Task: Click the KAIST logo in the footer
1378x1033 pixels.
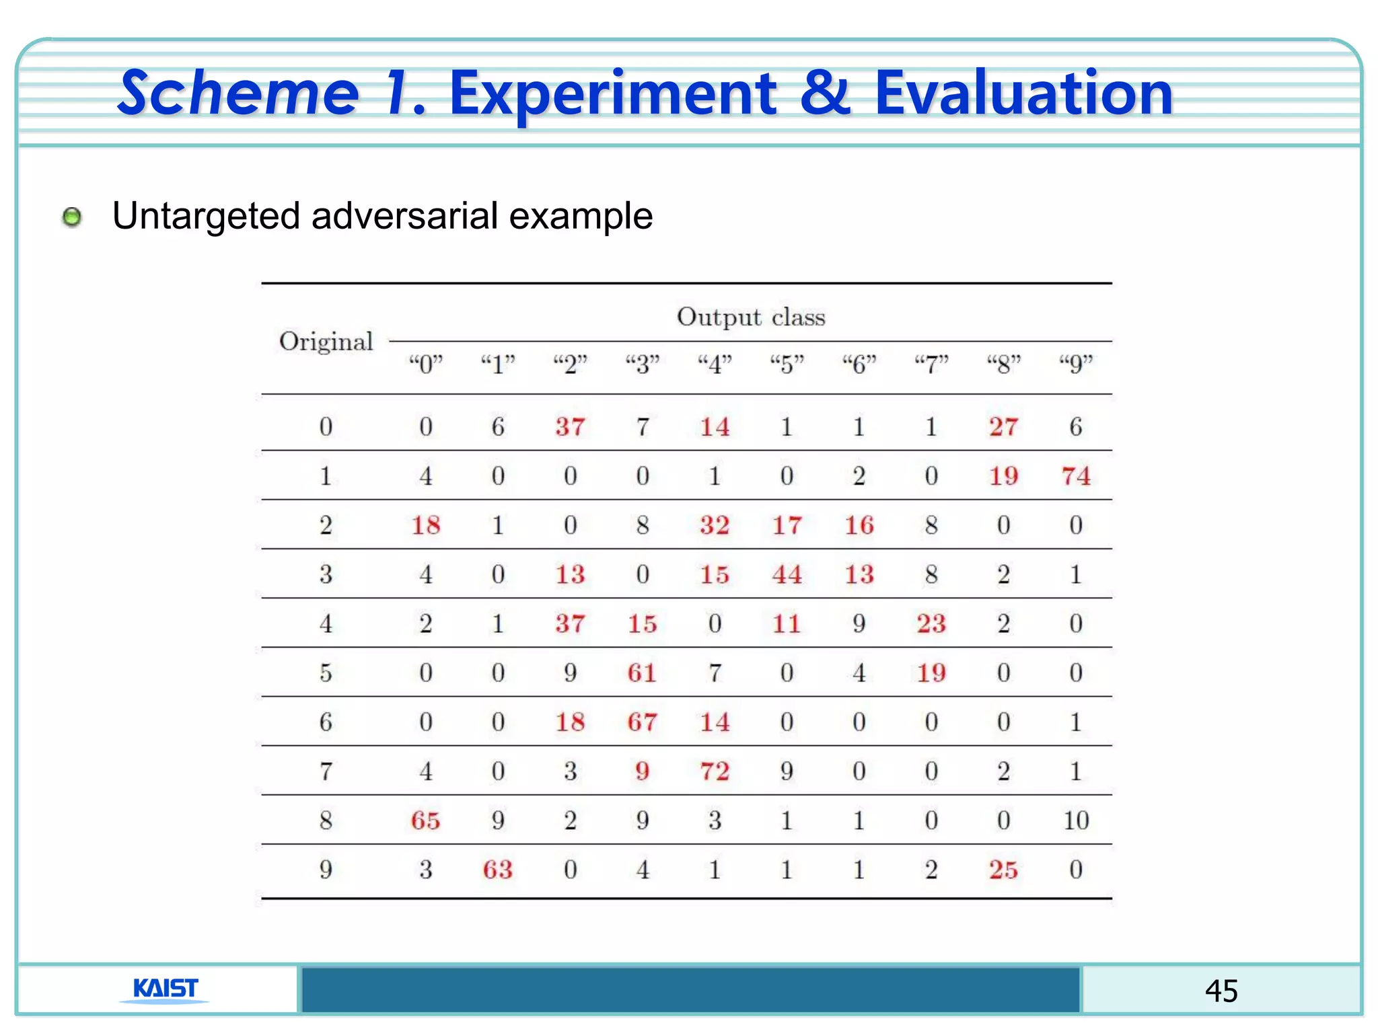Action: coord(166,989)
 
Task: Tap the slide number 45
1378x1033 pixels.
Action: coord(1221,991)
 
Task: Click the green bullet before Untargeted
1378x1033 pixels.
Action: coord(72,217)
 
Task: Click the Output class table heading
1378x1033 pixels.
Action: coord(750,317)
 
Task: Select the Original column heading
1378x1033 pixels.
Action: coord(326,342)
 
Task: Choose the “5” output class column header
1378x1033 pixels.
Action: coord(787,364)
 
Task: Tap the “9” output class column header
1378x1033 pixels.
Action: coord(1075,364)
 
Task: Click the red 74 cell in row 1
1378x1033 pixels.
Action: coord(1075,476)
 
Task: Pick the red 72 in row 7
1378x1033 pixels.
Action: coord(715,771)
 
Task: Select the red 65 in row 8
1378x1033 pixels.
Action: coord(425,820)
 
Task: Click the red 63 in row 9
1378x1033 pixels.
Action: coord(497,870)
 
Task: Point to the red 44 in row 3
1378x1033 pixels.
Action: coord(787,574)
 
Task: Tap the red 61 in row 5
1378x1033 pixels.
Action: coord(642,673)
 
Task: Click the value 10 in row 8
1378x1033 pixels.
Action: coord(1075,820)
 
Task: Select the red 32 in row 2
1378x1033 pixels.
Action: coord(715,525)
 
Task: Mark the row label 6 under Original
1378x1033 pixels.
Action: coord(326,722)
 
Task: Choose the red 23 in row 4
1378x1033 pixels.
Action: coord(931,623)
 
